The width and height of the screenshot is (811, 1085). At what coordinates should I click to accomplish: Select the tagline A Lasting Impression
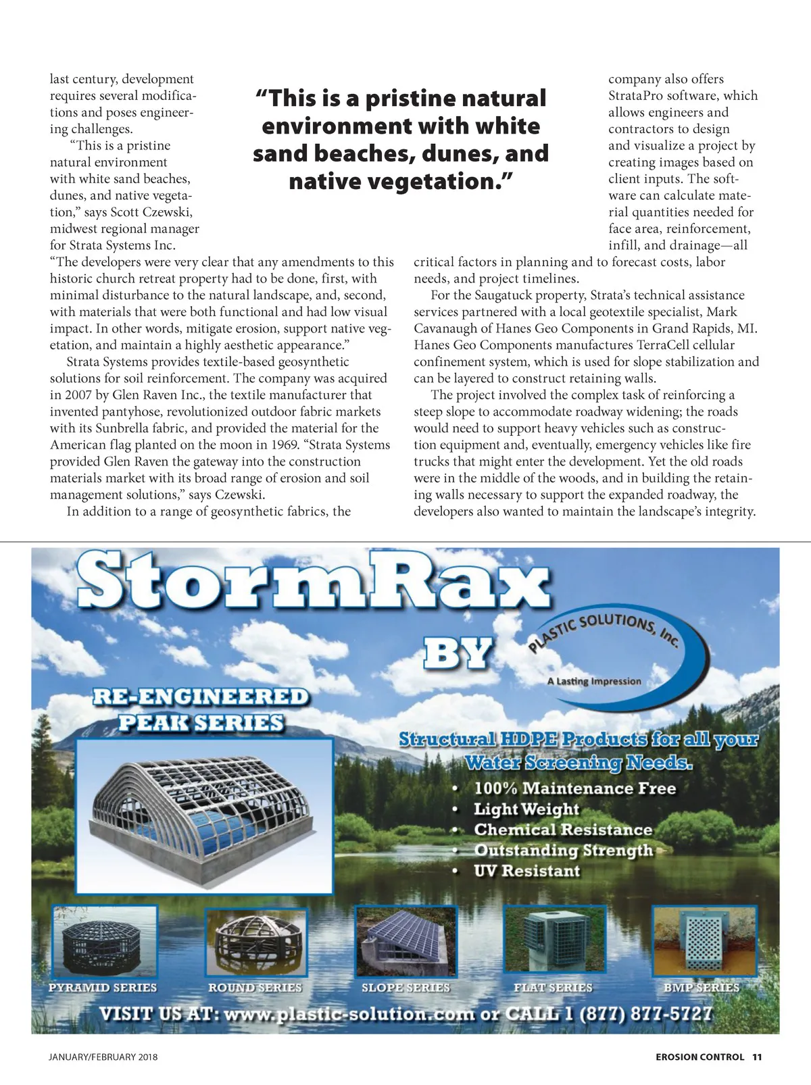(594, 681)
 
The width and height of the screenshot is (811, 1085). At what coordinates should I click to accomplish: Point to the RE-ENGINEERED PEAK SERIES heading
(200, 709)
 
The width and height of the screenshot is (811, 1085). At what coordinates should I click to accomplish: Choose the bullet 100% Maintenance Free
(574, 788)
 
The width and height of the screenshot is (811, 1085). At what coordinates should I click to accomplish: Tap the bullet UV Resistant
(526, 871)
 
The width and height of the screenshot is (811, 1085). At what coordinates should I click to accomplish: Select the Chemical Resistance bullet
(563, 830)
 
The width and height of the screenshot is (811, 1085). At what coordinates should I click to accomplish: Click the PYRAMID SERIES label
(103, 987)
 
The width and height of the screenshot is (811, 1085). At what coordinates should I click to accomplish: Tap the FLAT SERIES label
(553, 987)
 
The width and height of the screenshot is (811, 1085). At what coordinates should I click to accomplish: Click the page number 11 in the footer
(757, 1057)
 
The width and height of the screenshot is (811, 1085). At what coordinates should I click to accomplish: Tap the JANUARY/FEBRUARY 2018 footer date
(103, 1057)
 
